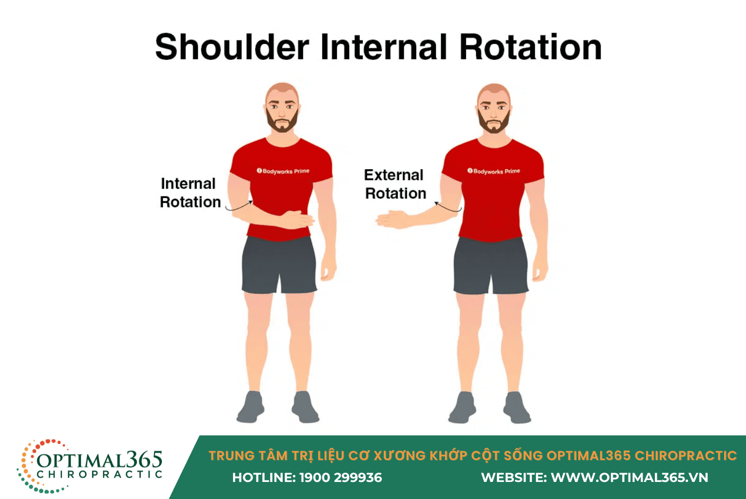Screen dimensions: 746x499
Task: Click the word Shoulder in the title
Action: coord(232,47)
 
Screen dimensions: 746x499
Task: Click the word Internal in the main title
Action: coord(384,47)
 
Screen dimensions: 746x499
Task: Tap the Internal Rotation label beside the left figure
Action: coord(190,193)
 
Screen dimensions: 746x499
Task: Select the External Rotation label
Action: coord(395,184)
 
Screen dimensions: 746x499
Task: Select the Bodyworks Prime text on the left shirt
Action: coord(283,171)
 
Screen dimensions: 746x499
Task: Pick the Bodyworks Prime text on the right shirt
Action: coord(493,171)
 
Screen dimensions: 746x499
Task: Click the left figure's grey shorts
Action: coord(279,265)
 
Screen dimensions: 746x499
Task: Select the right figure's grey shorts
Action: coord(491,266)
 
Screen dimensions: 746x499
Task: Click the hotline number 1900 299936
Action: coord(340,478)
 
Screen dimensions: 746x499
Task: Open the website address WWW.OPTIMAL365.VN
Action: coord(629,478)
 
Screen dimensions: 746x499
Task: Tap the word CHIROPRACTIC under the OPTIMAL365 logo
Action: coord(99,474)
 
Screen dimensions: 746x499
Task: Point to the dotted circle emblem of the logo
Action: coord(25,466)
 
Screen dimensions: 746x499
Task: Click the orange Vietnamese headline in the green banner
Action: coord(472,456)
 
